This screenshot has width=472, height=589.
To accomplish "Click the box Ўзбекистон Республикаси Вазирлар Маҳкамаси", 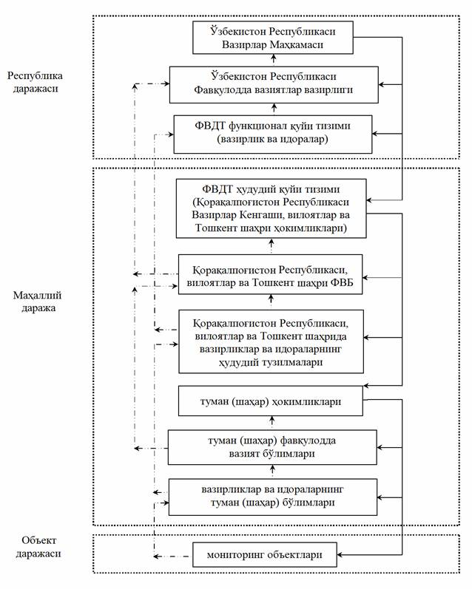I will coord(272,37).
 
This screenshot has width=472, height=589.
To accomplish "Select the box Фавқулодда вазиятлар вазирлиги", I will coord(272,83).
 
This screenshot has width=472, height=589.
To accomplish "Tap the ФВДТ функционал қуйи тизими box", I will coord(272,133).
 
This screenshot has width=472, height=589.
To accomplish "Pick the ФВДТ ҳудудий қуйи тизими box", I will coord(272,208).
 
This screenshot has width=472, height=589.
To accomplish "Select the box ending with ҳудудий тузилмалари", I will coord(272,341).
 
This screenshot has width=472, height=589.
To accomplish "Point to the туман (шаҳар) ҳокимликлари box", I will coord(272,404).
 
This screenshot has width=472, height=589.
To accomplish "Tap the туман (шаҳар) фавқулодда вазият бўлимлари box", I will coord(272,447).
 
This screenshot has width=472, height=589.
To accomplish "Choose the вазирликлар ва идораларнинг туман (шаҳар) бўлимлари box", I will coord(272,497).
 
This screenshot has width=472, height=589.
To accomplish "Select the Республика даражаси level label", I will coord(34,82).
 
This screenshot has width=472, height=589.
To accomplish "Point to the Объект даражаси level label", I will coord(35,546).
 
